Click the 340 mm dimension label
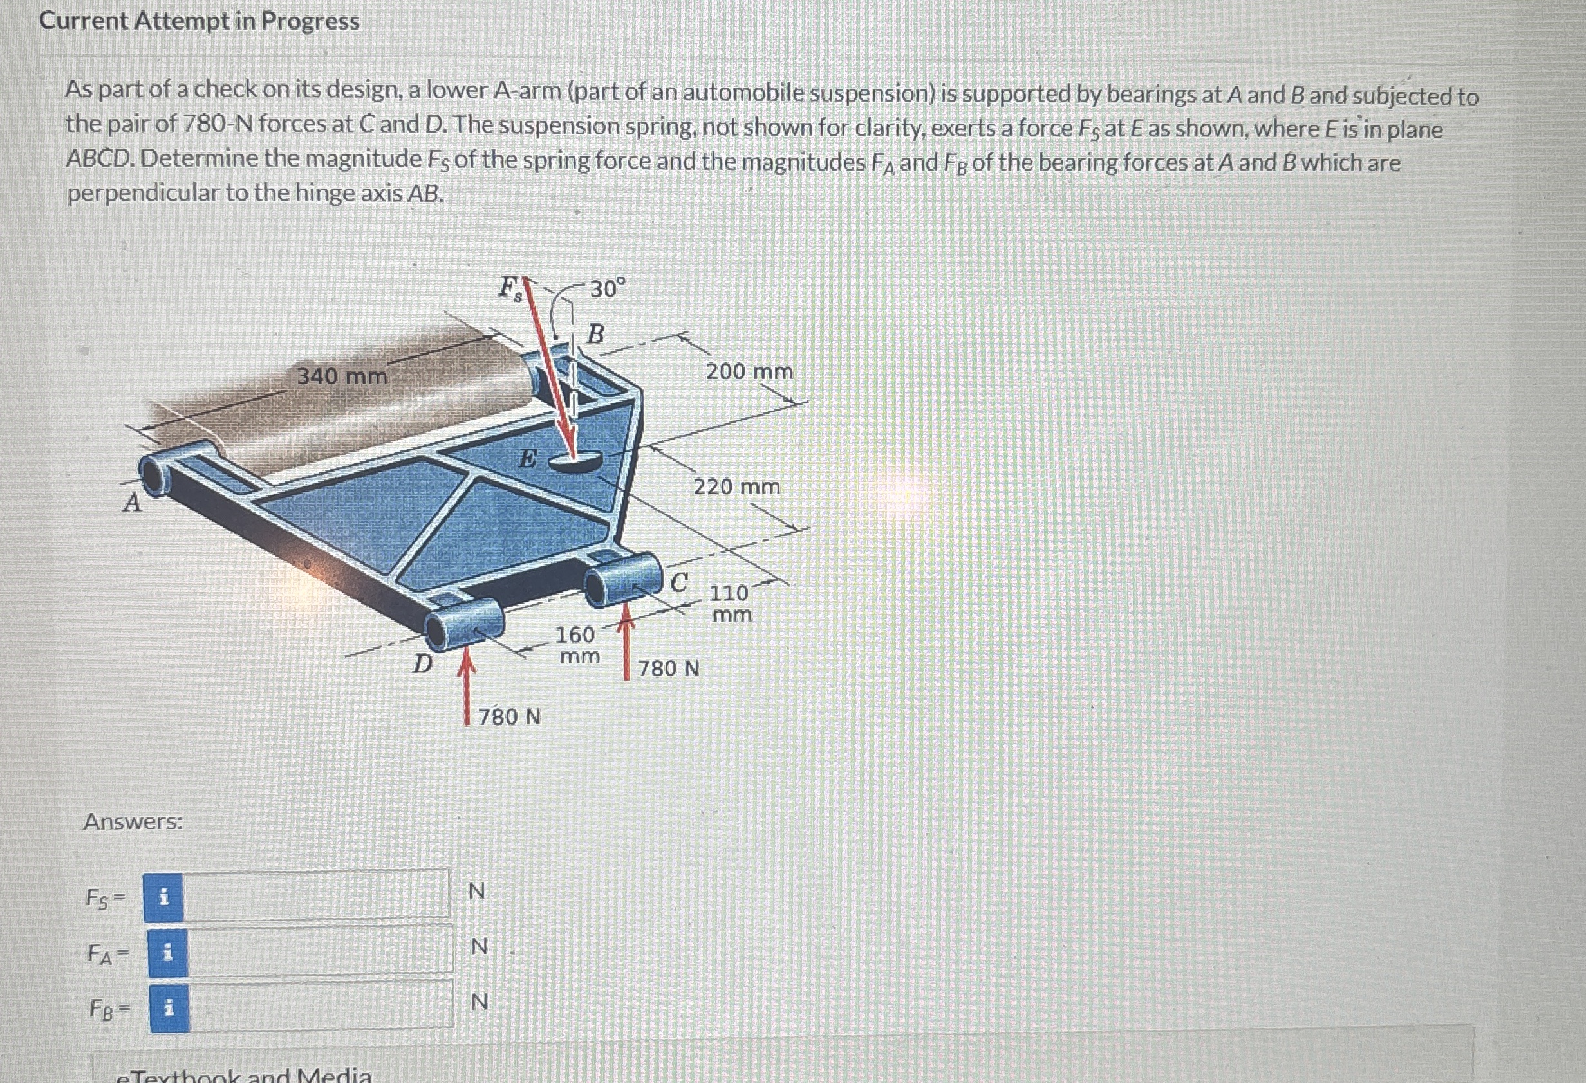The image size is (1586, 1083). pos(342,375)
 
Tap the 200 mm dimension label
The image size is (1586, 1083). pos(749,371)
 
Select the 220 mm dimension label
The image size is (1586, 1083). pos(736,486)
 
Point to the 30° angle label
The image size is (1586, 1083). pos(607,290)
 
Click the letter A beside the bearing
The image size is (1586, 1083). pos(133,503)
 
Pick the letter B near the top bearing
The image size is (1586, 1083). pos(596,334)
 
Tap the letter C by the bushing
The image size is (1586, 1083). pos(679,582)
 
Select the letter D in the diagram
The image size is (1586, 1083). pos(424,663)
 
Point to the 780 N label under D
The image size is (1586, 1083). pos(509,717)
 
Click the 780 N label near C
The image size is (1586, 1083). pos(668,667)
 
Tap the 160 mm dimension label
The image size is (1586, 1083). pos(577,645)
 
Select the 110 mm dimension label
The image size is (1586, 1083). pos(731,603)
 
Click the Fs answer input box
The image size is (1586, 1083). pos(316,894)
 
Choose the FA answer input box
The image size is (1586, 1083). pos(319,949)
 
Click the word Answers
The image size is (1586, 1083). pos(133,822)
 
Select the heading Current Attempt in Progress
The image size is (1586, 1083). pos(200,21)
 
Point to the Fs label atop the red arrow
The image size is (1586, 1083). pos(511,288)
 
